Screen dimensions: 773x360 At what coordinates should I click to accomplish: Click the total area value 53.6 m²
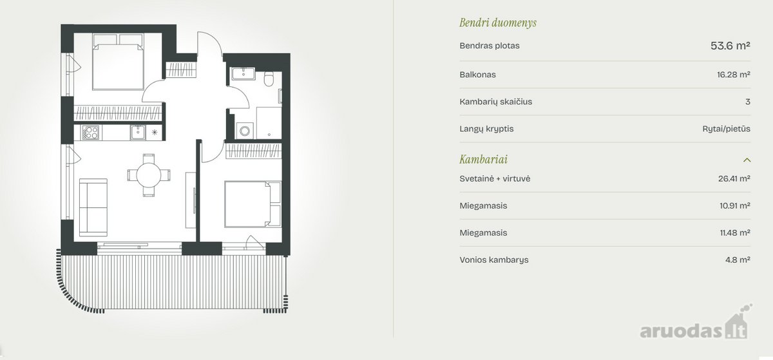pyautogui.click(x=730, y=46)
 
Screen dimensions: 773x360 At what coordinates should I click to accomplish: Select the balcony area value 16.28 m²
pyautogui.click(x=733, y=75)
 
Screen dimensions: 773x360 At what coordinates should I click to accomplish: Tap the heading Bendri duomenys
pyautogui.click(x=497, y=23)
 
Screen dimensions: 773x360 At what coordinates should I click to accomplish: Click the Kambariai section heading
pyautogui.click(x=483, y=160)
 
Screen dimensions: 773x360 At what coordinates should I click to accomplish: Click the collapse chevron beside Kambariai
pyautogui.click(x=747, y=160)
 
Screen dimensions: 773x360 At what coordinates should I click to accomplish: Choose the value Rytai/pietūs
pyautogui.click(x=726, y=129)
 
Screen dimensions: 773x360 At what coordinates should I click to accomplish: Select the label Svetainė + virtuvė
pyautogui.click(x=495, y=179)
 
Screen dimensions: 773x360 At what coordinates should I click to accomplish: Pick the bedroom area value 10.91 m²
pyautogui.click(x=735, y=205)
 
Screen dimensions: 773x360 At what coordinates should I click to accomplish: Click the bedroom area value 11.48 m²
pyautogui.click(x=735, y=232)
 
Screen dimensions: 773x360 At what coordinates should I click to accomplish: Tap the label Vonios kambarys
pyautogui.click(x=493, y=260)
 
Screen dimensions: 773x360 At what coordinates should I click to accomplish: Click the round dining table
pyautogui.click(x=149, y=175)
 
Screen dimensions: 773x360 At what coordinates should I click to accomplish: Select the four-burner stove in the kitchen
pyautogui.click(x=90, y=133)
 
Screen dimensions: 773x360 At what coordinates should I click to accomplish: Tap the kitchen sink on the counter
pyautogui.click(x=138, y=132)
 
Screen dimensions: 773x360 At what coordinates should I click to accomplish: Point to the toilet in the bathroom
pyautogui.click(x=269, y=79)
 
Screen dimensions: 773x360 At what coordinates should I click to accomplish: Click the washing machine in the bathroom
pyautogui.click(x=245, y=131)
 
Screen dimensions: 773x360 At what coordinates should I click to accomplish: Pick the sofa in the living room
pyautogui.click(x=93, y=207)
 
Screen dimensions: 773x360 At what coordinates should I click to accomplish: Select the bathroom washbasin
pyautogui.click(x=243, y=73)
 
